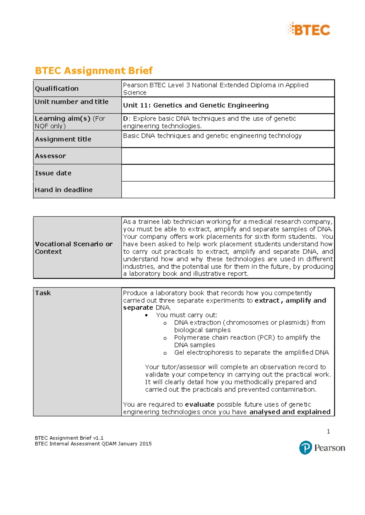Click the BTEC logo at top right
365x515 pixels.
pyautogui.click(x=308, y=29)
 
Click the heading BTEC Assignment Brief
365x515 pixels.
pyautogui.click(x=94, y=70)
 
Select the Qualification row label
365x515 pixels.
pyautogui.click(x=57, y=88)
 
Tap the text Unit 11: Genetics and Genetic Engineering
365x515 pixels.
pyautogui.click(x=196, y=105)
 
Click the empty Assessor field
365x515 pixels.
pyautogui.click(x=228, y=156)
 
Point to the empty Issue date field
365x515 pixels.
pyautogui.click(x=228, y=173)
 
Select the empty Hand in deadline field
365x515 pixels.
pyautogui.click(x=228, y=190)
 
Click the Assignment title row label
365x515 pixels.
pyautogui.click(x=63, y=139)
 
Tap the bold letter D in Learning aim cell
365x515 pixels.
pyautogui.click(x=125, y=118)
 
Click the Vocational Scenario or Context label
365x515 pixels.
pyautogui.click(x=74, y=247)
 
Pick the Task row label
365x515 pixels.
pyautogui.click(x=43, y=293)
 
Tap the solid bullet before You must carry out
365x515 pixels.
pyautogui.click(x=147, y=315)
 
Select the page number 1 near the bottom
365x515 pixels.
pyautogui.click(x=328, y=431)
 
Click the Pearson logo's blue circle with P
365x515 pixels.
pyautogui.click(x=305, y=448)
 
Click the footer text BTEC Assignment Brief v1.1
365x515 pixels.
pyautogui.click(x=69, y=438)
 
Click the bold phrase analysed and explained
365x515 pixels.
pyautogui.click(x=290, y=412)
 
